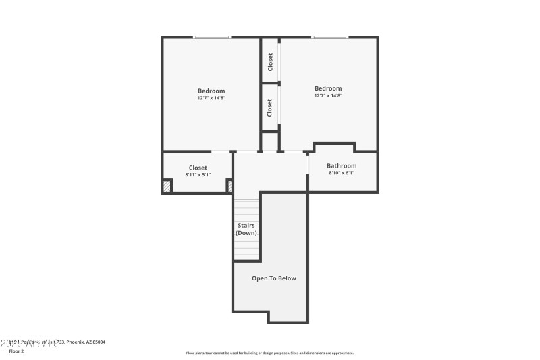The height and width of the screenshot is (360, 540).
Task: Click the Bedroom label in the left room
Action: [211, 91]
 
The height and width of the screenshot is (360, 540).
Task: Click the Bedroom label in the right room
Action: [328, 88]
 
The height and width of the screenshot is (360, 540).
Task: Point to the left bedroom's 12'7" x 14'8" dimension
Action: [211, 98]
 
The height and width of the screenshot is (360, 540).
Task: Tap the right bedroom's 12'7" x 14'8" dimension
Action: [328, 95]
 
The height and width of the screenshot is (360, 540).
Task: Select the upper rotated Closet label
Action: [270, 62]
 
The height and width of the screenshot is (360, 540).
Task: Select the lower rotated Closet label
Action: [270, 107]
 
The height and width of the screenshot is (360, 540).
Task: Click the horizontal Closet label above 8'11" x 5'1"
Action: [198, 168]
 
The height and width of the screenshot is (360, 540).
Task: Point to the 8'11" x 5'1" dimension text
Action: [198, 174]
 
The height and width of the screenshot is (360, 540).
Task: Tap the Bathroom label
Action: [342, 165]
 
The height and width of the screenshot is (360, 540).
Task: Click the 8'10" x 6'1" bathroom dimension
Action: [342, 173]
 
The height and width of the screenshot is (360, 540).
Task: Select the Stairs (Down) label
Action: [246, 229]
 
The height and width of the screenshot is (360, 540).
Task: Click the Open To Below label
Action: [273, 278]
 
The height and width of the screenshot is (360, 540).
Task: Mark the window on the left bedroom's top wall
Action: [211, 37]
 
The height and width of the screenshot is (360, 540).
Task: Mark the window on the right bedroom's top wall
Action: [329, 37]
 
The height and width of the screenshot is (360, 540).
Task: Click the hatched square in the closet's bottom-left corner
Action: [167, 186]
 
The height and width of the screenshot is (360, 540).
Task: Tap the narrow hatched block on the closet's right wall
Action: [230, 186]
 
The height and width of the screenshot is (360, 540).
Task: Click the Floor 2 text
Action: [16, 351]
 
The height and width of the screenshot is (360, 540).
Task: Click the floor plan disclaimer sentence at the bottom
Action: [269, 353]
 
